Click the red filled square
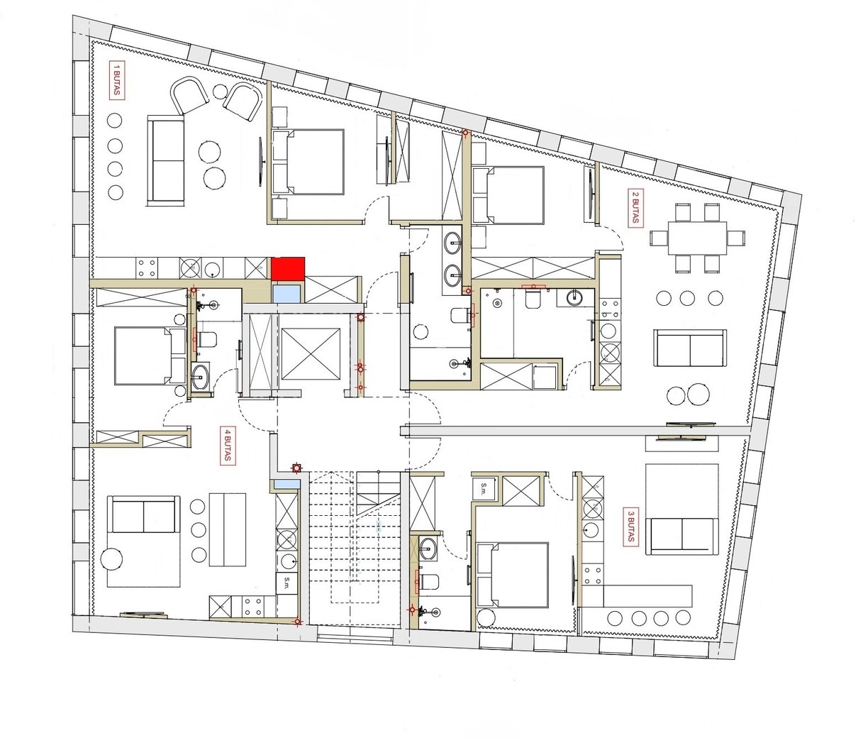(288, 268)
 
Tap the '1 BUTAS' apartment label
(117, 81)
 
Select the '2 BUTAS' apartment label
(635, 208)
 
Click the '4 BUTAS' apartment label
(228, 446)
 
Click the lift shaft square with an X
(311, 354)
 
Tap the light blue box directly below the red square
(286, 294)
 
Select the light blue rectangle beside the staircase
(286, 484)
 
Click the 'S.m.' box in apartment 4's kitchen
(286, 583)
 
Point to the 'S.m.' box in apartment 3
(484, 488)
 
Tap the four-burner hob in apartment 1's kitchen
(147, 268)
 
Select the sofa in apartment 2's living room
(689, 348)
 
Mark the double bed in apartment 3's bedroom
(512, 575)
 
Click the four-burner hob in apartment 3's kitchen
(593, 575)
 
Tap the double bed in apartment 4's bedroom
(150, 356)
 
